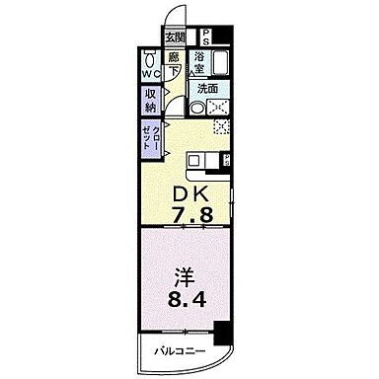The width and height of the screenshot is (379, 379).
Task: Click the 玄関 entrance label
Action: pyautogui.click(x=175, y=37)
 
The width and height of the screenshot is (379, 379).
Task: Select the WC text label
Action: pyautogui.click(x=147, y=75)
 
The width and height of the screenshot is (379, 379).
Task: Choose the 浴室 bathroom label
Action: pyautogui.click(x=202, y=58)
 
